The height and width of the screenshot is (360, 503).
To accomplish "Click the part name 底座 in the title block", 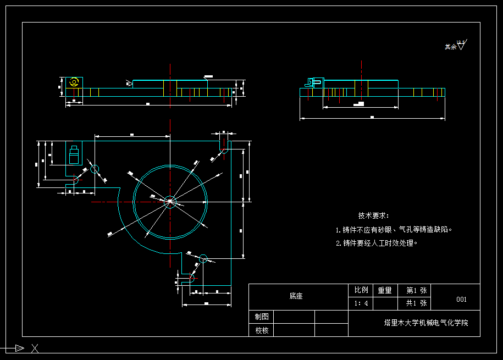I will click(296, 296).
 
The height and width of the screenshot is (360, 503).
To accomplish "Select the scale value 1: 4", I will click(361, 303).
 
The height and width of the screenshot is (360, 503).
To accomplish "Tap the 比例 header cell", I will click(361, 290).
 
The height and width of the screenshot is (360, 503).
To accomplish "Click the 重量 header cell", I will click(385, 290).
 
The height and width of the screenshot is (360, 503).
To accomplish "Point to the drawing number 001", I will click(462, 300).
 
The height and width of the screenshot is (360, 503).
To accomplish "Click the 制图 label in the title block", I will click(262, 317).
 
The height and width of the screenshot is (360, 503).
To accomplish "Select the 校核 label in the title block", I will click(262, 330).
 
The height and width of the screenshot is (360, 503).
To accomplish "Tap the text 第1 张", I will click(416, 290).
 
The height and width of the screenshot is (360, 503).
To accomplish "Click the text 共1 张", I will click(416, 303).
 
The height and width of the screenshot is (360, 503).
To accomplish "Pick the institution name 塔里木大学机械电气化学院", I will click(426, 323).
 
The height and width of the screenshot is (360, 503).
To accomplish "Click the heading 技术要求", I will click(373, 216).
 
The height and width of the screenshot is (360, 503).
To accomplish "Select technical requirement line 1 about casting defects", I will click(394, 230).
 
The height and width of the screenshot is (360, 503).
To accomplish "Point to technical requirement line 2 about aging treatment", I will click(377, 243).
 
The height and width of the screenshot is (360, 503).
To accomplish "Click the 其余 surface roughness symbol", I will click(456, 46).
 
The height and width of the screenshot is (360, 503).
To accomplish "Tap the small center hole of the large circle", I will click(170, 202).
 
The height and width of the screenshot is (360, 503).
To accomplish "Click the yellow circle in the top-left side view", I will click(74, 82).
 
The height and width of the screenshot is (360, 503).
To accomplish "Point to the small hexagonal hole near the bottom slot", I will click(203, 258).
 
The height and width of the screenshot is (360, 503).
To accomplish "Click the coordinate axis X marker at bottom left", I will click(35, 348).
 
